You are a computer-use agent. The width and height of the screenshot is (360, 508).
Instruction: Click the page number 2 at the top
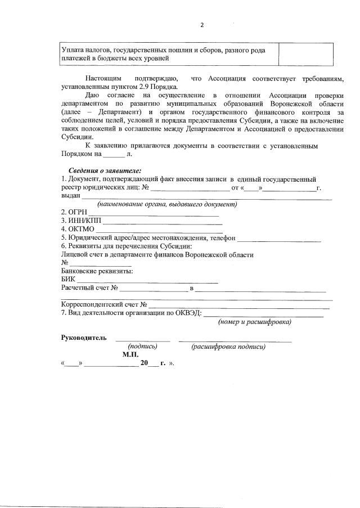202,25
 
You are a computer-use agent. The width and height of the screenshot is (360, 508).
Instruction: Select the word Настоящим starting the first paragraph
103,78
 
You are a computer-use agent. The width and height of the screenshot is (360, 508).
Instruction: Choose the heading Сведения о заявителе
105,170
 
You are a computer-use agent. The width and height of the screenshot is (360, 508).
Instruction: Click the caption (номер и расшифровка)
254,322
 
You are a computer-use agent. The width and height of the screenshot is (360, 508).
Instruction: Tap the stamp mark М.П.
130,355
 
